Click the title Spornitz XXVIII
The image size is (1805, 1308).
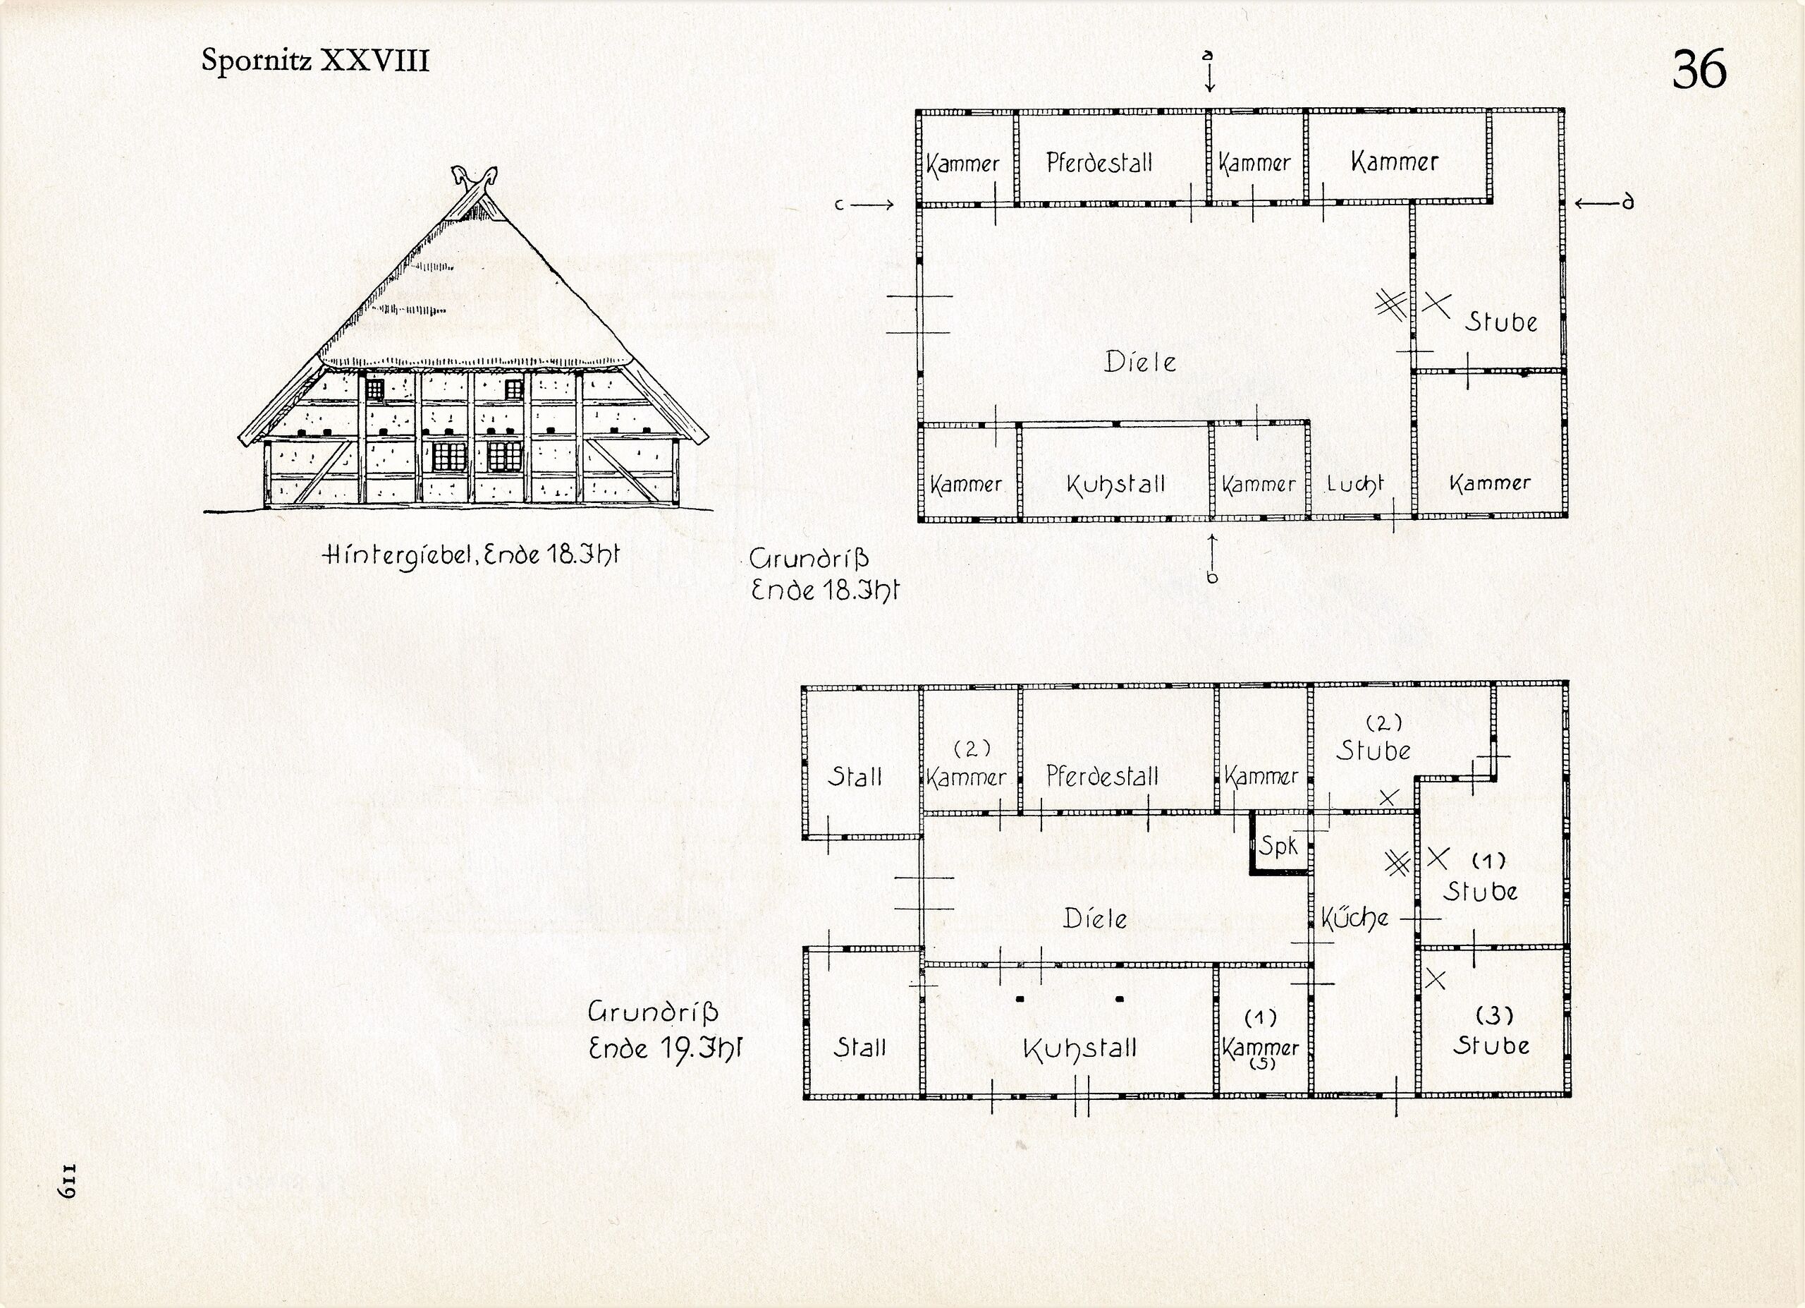click(315, 61)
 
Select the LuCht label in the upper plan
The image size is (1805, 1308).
click(1354, 484)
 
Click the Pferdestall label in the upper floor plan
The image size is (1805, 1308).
click(1099, 163)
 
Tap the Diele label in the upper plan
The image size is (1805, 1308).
click(1139, 362)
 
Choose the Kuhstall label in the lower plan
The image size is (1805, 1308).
click(1080, 1048)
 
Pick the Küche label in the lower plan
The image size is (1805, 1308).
click(1354, 919)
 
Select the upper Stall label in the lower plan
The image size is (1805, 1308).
click(855, 776)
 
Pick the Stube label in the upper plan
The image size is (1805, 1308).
click(1501, 322)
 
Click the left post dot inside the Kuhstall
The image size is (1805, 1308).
click(1020, 998)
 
